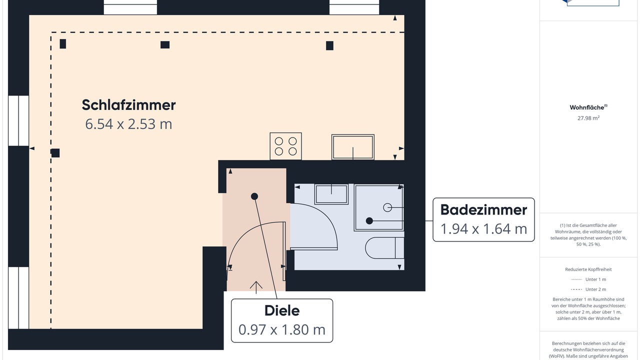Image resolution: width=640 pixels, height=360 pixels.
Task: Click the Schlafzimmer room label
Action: pyautogui.click(x=128, y=105)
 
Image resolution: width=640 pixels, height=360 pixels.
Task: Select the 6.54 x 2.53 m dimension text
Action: pyautogui.click(x=128, y=124)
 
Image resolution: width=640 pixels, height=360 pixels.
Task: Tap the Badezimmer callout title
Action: pyautogui.click(x=483, y=209)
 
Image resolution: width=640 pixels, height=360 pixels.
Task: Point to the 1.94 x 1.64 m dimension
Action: pyautogui.click(x=483, y=229)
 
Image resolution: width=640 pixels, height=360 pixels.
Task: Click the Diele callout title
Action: pyautogui.click(x=282, y=310)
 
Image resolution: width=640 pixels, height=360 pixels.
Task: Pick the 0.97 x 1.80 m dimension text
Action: pyautogui.click(x=282, y=329)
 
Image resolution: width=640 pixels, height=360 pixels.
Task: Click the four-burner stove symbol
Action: pyautogui.click(x=285, y=146)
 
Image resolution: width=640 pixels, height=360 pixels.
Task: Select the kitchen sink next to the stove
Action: pyautogui.click(x=353, y=147)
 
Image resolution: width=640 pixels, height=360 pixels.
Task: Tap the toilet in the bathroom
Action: pyautogui.click(x=384, y=248)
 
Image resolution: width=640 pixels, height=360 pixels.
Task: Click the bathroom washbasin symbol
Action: pyautogui.click(x=331, y=194)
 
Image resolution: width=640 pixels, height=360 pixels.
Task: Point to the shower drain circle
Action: pyautogui.click(x=387, y=207)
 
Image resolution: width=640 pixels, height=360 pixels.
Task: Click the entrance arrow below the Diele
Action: pyautogui.click(x=256, y=287)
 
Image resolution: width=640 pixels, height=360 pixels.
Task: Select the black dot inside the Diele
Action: pyautogui.click(x=254, y=196)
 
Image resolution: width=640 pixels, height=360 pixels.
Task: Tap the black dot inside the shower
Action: pyautogui.click(x=369, y=221)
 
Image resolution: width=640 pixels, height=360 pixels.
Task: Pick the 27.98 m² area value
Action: pyautogui.click(x=588, y=118)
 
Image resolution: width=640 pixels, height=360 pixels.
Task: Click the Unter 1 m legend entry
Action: pyautogui.click(x=588, y=279)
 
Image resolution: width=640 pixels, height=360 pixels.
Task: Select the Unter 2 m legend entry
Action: pyautogui.click(x=588, y=289)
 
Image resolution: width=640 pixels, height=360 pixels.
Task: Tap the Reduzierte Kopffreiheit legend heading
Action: pyautogui.click(x=588, y=269)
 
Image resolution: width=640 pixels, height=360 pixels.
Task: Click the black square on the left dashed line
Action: pyautogui.click(x=55, y=153)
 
